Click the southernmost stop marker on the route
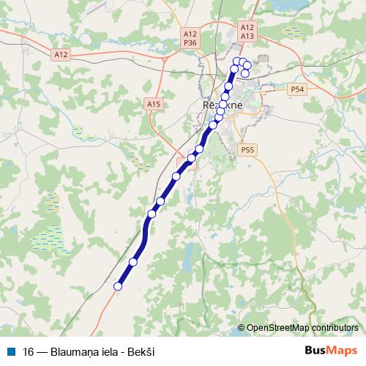click(118, 286)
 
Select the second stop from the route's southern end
click(133, 262)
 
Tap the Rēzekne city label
click(217, 105)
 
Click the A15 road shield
click(153, 105)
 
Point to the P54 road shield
click(296, 89)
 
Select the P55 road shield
click(247, 149)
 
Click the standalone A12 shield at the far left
click(61, 54)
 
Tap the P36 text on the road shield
click(190, 44)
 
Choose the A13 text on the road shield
click(247, 35)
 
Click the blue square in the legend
click(10, 351)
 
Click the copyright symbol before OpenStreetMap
click(241, 328)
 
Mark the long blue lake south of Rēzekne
click(190, 256)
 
